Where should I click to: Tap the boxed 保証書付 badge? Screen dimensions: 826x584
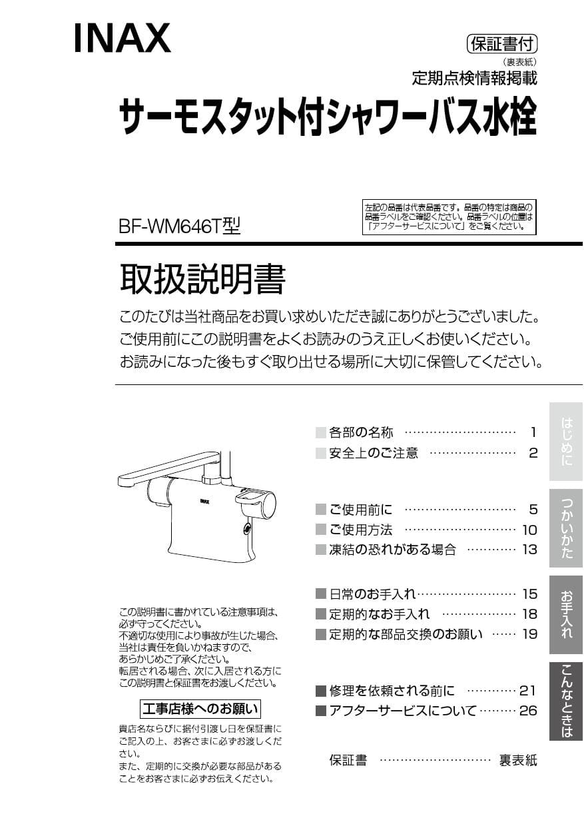(x=502, y=45)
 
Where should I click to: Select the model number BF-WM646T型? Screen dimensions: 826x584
(x=178, y=226)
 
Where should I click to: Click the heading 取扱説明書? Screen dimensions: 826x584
(x=202, y=279)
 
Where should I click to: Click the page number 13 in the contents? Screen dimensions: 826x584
(x=529, y=550)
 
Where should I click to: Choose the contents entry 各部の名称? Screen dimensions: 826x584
(x=361, y=433)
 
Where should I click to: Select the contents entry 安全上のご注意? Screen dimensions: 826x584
(x=374, y=454)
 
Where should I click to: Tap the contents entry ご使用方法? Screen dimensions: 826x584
(x=361, y=530)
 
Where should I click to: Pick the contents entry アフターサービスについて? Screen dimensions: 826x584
(x=403, y=711)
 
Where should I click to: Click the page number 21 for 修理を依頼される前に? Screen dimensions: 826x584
(x=528, y=691)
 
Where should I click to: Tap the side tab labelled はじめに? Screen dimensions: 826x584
(x=566, y=441)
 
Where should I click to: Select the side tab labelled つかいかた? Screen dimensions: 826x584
(x=566, y=528)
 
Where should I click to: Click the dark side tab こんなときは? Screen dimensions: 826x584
(x=566, y=701)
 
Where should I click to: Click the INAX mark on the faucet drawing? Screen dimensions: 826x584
(x=205, y=500)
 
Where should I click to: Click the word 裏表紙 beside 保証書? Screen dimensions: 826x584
(x=518, y=760)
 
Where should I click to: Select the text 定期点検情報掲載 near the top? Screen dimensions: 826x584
(x=474, y=78)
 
